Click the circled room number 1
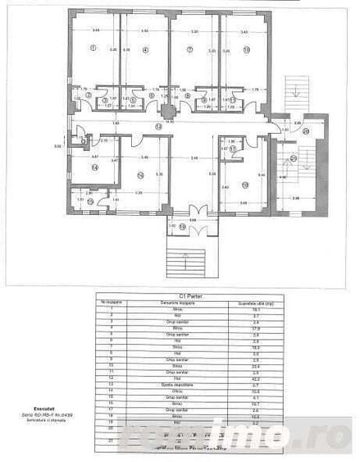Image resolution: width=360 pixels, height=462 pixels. click(93, 48)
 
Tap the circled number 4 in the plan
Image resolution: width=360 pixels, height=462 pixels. click(145, 49)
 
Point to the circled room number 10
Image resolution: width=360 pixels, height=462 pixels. click(246, 49)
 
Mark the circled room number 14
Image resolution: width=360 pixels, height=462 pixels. click(94, 167)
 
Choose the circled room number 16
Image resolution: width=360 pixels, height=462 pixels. click(140, 176)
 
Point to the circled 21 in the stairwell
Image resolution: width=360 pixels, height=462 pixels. click(293, 158)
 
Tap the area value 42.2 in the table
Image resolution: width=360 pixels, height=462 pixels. click(244, 379)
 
